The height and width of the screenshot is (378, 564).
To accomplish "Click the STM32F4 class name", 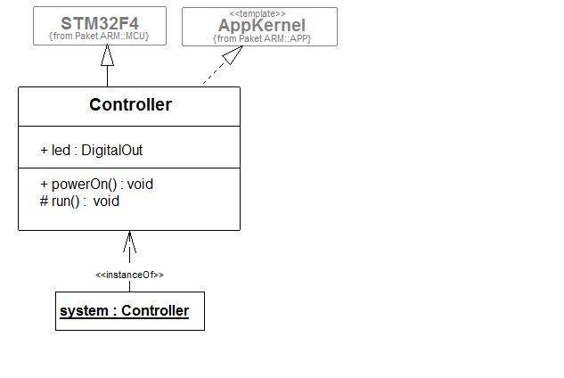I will pos(100,21).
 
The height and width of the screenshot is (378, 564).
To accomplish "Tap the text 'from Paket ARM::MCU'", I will pos(100,37).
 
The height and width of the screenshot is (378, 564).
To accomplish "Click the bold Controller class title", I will pos(130,105).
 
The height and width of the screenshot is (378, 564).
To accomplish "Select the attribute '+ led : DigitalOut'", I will pos(91,151).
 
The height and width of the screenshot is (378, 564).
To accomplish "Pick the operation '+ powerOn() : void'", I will pos(96,185).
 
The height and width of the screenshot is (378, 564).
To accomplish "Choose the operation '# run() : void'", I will pos(79,201).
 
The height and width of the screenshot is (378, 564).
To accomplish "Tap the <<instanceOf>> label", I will pos(129,275).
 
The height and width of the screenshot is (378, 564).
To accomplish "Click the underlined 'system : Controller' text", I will pos(124,311).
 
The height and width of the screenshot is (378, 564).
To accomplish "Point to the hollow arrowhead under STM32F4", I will pos(107,55).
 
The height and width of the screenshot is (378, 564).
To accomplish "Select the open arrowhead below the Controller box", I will pos(129,241).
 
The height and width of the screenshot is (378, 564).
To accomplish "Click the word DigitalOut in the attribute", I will pos(112,151).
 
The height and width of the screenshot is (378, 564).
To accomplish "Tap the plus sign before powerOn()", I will pos(44,185).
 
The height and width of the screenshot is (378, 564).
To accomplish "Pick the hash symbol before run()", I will pos(44,201).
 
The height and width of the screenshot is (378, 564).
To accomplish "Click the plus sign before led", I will pos(44,151).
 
